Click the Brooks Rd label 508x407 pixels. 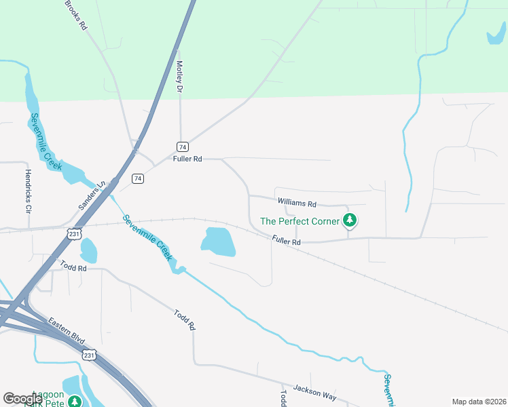click(77, 14)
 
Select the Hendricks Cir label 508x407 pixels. click(28, 191)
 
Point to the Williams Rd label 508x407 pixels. click(297, 203)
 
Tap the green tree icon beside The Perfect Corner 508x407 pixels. click(350, 220)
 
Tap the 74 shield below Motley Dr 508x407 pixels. click(182, 147)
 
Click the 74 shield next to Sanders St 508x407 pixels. click(138, 178)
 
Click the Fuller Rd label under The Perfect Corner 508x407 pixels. click(286, 241)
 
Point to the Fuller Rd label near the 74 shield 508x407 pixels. click(188, 159)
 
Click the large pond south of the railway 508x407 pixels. click(219, 241)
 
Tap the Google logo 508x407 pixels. click(23, 399)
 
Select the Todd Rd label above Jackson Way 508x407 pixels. click(185, 318)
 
